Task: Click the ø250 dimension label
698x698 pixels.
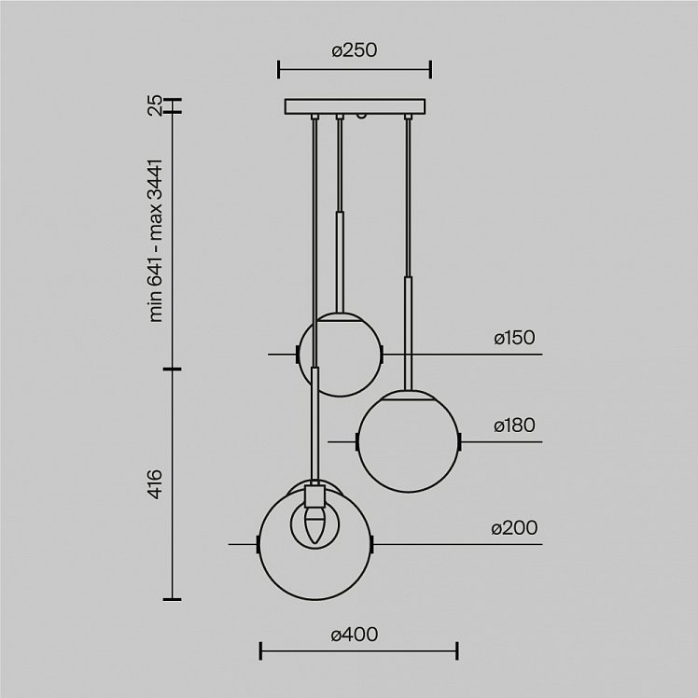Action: [x=355, y=49]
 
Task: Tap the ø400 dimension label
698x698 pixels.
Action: [x=355, y=635]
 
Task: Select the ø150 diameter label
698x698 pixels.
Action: [x=514, y=338]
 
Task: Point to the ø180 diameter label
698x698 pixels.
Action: [x=514, y=426]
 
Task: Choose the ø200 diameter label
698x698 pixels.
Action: [x=514, y=527]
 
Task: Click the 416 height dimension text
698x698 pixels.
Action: [x=155, y=483]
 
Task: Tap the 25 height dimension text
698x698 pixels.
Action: [x=155, y=106]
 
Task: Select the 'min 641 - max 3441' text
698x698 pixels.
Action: [x=156, y=241]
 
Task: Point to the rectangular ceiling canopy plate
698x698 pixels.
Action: [x=355, y=106]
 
